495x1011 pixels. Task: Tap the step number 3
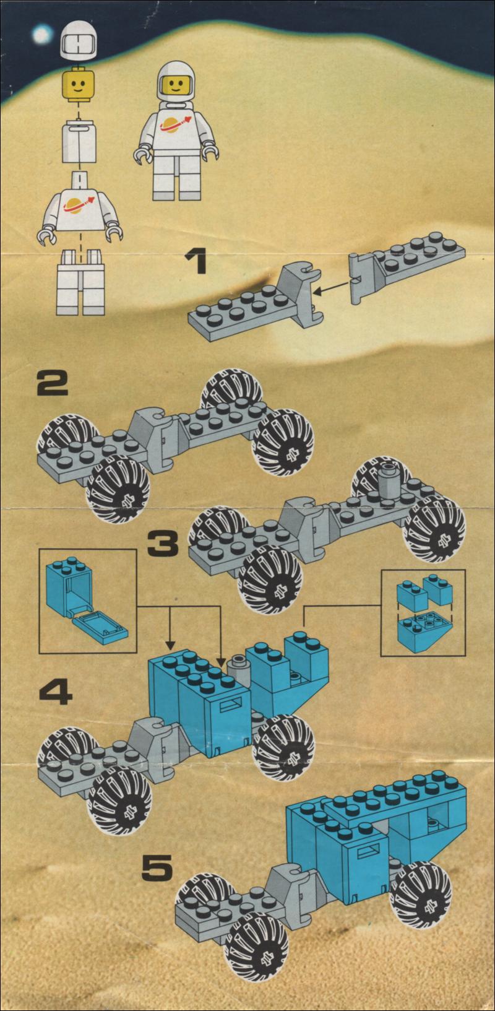(163, 542)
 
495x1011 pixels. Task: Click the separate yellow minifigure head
(79, 84)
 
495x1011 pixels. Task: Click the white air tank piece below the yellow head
(79, 141)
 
